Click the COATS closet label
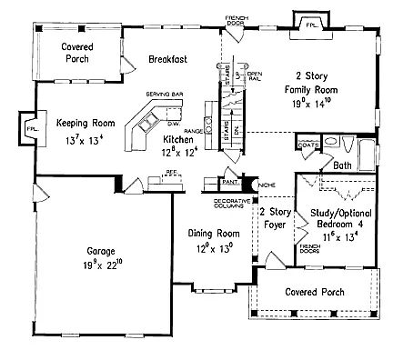tap(307, 145)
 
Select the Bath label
tap(342, 166)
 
